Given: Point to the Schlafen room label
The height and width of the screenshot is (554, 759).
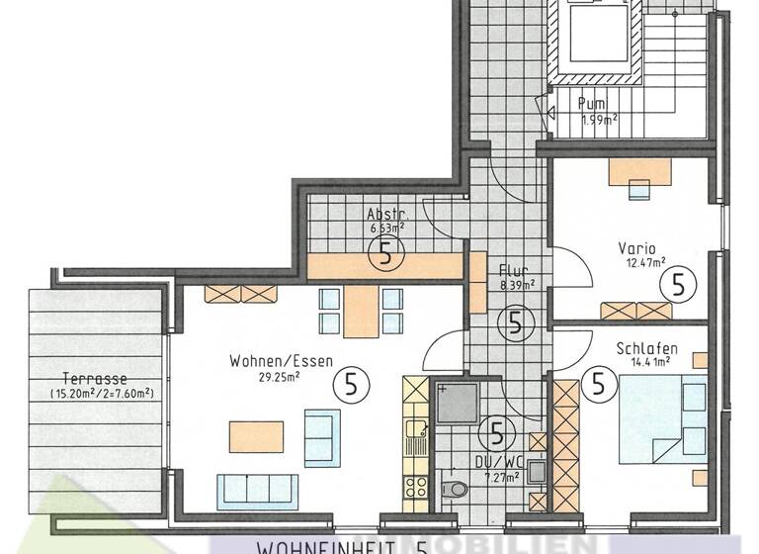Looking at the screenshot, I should pyautogui.click(x=645, y=348).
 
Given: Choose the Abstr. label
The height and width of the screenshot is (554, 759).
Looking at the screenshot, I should pyautogui.click(x=384, y=215).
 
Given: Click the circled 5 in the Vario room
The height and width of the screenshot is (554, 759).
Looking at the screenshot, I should pyautogui.click(x=678, y=285).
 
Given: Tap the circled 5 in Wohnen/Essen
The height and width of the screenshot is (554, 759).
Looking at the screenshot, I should pyautogui.click(x=349, y=381).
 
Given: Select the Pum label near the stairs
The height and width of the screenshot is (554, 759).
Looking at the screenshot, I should pyautogui.click(x=591, y=104).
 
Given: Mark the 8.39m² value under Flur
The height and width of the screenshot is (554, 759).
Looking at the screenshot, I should pyautogui.click(x=518, y=284).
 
